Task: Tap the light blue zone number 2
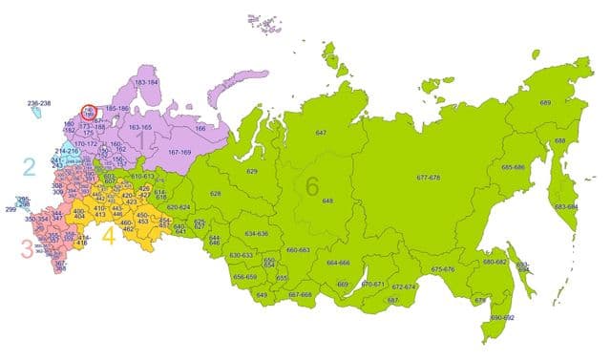click(x=30, y=168)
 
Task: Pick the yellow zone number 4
click(x=108, y=235)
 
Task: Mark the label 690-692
click(x=502, y=316)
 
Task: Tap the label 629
click(x=252, y=171)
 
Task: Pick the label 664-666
click(x=338, y=262)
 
